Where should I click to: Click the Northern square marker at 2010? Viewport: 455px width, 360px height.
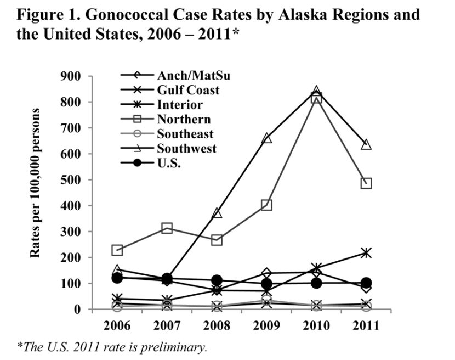point(316,98)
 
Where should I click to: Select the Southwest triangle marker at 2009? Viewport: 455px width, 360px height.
point(266,138)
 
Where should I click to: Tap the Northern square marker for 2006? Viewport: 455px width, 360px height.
point(117,250)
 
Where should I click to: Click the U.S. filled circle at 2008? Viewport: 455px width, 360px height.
point(217,280)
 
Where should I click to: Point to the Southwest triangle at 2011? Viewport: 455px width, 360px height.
point(366,145)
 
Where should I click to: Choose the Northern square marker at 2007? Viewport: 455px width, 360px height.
point(167,228)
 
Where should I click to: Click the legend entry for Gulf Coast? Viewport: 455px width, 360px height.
point(188,91)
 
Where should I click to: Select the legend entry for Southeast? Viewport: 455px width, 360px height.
point(185,134)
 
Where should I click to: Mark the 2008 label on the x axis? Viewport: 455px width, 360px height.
point(217,325)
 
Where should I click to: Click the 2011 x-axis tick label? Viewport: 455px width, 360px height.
point(366,325)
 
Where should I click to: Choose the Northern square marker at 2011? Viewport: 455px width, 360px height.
point(366,183)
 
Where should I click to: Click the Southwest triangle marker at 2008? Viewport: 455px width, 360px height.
point(217,213)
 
